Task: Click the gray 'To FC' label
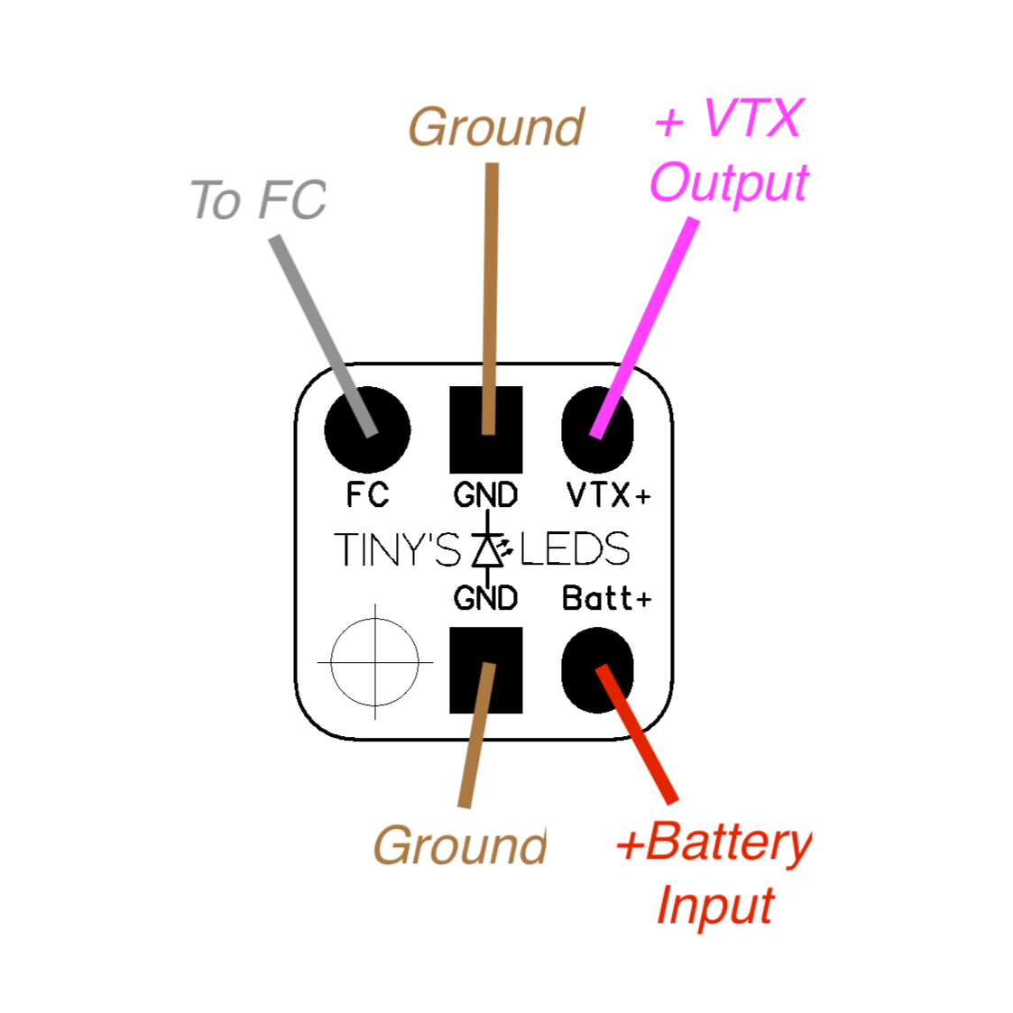pyautogui.click(x=258, y=200)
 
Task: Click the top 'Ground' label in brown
pyautogui.click(x=496, y=127)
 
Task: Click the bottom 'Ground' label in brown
pyautogui.click(x=460, y=846)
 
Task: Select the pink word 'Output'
pyautogui.click(x=729, y=184)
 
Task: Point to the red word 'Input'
pyautogui.click(x=714, y=906)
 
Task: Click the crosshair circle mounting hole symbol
pyautogui.click(x=375, y=661)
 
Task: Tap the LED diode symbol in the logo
pyautogui.click(x=488, y=549)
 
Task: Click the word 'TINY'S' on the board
pyautogui.click(x=397, y=549)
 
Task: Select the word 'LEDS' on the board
pyautogui.click(x=575, y=549)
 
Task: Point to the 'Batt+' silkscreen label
pyautogui.click(x=606, y=598)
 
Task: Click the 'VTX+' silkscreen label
pyautogui.click(x=608, y=495)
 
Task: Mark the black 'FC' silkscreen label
pyautogui.click(x=367, y=495)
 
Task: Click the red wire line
pyautogui.click(x=639, y=735)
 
